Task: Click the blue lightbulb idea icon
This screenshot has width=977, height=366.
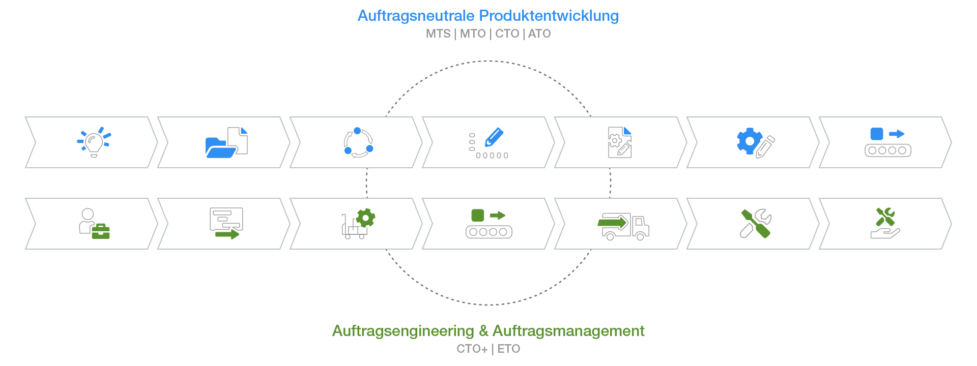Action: [94, 142]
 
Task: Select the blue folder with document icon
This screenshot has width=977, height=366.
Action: [226, 142]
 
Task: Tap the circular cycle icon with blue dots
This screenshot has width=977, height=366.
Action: [358, 142]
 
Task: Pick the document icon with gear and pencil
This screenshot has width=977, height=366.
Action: [620, 142]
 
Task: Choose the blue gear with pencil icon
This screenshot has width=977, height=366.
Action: [756, 143]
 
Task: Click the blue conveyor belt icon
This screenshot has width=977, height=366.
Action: [888, 142]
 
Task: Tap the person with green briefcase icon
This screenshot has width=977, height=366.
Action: [94, 224]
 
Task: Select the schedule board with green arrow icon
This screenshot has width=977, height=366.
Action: [226, 224]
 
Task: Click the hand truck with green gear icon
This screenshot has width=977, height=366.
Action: [358, 224]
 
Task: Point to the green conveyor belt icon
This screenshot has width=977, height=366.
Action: [489, 224]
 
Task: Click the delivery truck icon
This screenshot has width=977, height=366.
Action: [623, 226]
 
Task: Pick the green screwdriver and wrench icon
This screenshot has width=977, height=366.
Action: [756, 224]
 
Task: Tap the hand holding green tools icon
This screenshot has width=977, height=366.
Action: [885, 223]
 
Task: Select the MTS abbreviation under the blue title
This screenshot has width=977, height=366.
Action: [438, 34]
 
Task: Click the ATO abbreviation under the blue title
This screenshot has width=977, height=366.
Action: [539, 34]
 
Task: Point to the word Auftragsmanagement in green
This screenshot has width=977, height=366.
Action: [568, 331]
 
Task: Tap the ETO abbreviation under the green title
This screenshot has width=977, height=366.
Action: [509, 349]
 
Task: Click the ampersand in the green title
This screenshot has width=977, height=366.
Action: [483, 331]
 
